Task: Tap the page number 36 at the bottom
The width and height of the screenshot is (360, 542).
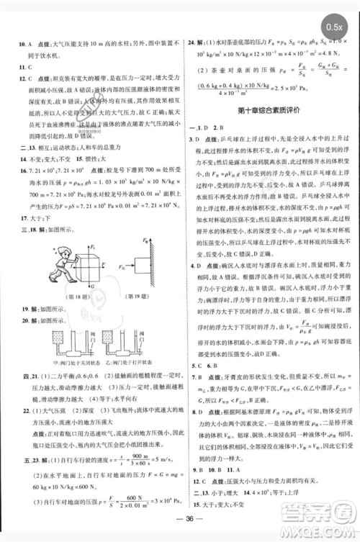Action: (x=180, y=523)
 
